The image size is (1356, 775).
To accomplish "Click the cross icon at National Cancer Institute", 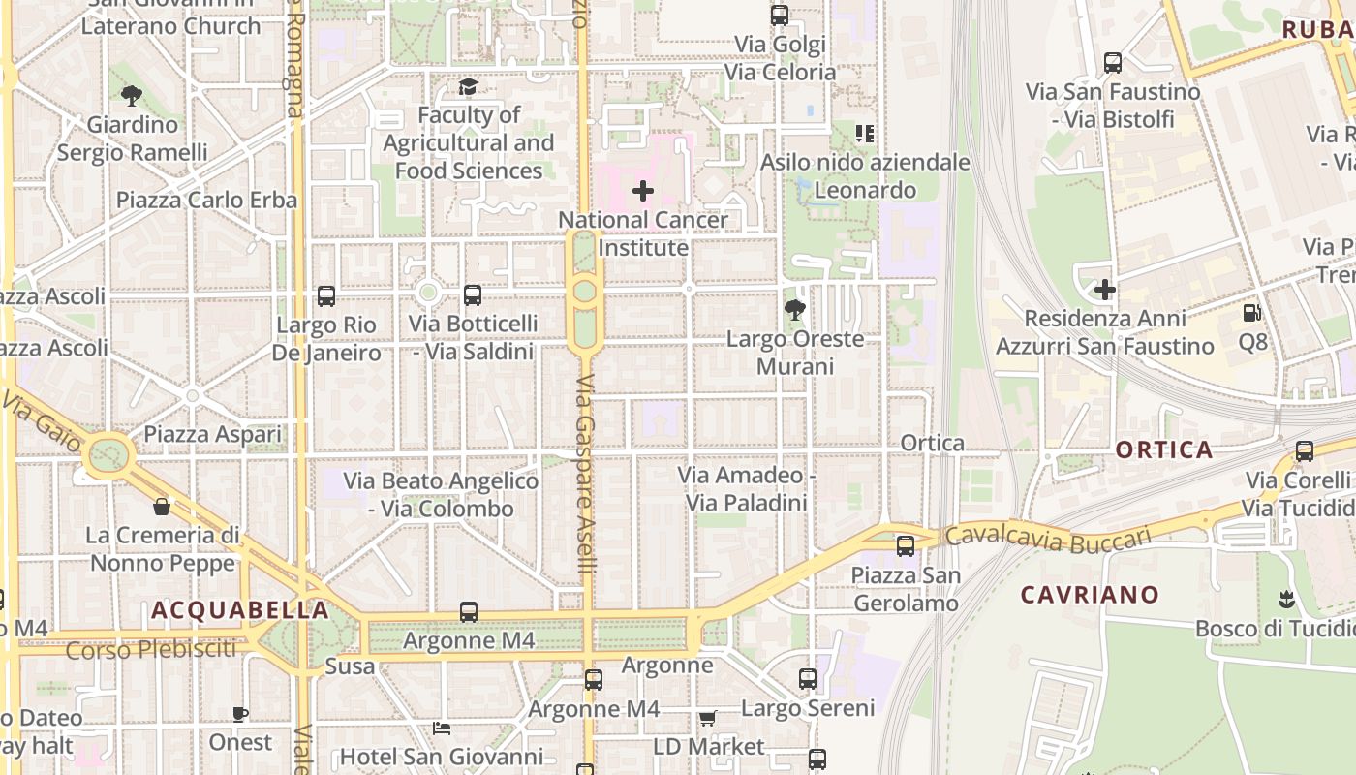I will point(642,191).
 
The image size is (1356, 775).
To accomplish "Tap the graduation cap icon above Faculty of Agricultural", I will point(468,87).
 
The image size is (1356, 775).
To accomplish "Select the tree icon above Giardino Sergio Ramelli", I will point(132,96).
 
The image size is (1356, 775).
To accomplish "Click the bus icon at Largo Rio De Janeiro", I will point(326,296).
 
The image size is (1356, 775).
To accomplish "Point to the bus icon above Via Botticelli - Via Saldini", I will point(473,295).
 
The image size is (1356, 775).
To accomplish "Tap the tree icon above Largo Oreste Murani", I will point(795,310).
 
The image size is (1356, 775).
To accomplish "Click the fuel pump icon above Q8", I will point(1252,313).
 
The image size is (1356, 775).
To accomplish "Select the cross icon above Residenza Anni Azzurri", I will point(1105,290).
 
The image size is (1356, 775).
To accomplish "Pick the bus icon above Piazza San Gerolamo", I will point(906,546).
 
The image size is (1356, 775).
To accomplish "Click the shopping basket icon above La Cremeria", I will point(162,507).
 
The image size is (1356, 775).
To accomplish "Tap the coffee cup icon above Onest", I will point(240,715).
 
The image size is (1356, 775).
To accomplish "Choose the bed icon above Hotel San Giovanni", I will point(442,728).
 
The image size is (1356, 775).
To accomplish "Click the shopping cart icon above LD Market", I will point(708,719).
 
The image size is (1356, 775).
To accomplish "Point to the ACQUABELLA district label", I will point(240,610).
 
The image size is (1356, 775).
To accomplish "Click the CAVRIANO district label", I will point(1090,595).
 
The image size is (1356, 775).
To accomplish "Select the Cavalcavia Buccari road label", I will point(1049,539).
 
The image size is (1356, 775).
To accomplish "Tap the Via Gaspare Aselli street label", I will point(584,475).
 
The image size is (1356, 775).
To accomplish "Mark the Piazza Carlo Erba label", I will point(206,200).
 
